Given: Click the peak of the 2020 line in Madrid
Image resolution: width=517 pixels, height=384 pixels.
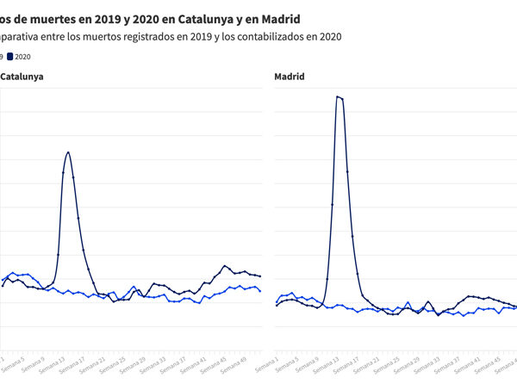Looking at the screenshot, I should (338, 96).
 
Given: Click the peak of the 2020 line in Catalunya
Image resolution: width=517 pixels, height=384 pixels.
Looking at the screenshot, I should (68, 152).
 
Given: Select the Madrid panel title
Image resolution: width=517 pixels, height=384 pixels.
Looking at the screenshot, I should (290, 77).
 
